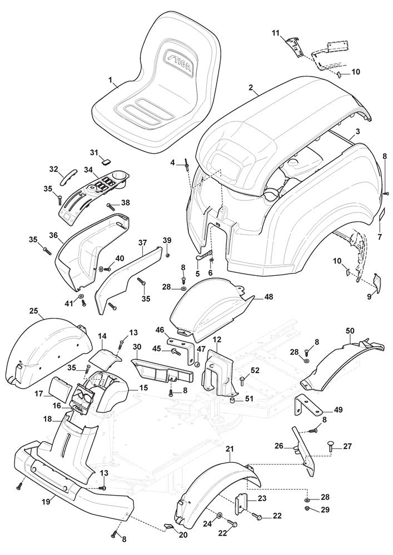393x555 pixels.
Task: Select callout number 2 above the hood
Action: pyautogui.click(x=251, y=87)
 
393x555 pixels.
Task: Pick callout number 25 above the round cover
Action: pyautogui.click(x=33, y=312)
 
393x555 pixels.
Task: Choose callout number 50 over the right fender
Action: pyautogui.click(x=350, y=330)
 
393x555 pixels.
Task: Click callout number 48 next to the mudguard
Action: pyautogui.click(x=269, y=297)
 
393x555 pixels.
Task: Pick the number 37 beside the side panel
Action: pyautogui.click(x=143, y=242)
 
